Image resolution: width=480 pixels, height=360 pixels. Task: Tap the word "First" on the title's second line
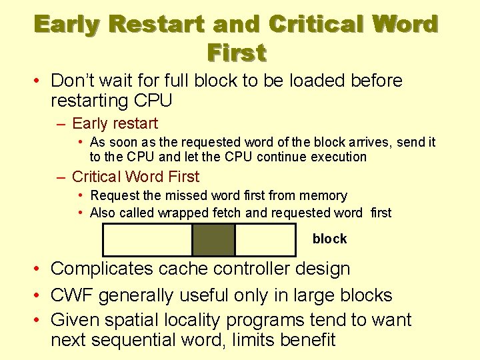[x=237, y=51]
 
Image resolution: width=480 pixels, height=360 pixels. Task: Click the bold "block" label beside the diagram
[x=329, y=239]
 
